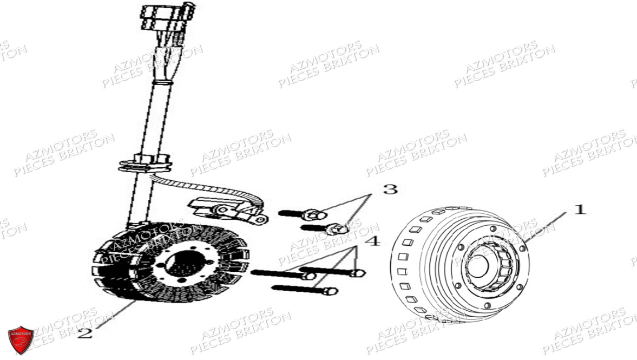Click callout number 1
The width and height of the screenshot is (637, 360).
click(x=580, y=210)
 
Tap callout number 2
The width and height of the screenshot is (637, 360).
click(x=85, y=333)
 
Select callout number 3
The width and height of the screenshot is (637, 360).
click(x=390, y=189)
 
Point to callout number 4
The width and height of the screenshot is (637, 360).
click(x=373, y=241)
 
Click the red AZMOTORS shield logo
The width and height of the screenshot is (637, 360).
click(x=21, y=339)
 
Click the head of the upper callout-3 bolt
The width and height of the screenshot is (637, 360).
click(x=314, y=214)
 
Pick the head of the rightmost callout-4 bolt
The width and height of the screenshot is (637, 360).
click(x=358, y=273)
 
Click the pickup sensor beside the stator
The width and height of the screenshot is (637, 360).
click(x=227, y=210)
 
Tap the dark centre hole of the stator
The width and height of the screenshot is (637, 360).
click(x=186, y=263)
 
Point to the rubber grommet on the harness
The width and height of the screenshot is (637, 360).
click(x=146, y=163)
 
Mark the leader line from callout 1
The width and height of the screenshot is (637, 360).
click(x=545, y=228)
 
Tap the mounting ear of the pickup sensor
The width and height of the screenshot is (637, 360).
click(x=260, y=220)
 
